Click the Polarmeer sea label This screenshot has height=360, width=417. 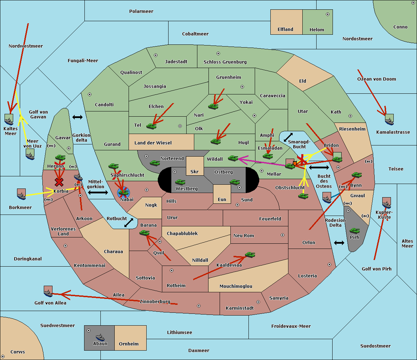pyautogui.click(x=141, y=11)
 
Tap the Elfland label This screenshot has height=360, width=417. pyautogui.click(x=285, y=30)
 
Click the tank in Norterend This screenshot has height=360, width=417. pyautogui.click(x=155, y=162)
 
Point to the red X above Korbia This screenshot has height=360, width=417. pyautogui.click(x=59, y=182)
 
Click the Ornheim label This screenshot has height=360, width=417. pyautogui.click(x=129, y=344)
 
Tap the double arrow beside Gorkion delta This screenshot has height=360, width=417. pyautogui.click(x=77, y=117)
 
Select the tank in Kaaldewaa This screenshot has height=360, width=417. pyautogui.click(x=250, y=255)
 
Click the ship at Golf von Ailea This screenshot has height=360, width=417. pyautogui.click(x=48, y=292)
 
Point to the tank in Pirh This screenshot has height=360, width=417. pyautogui.click(x=354, y=231)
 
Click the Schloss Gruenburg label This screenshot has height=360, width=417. pyautogui.click(x=225, y=62)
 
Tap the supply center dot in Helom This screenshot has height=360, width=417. pyautogui.click(x=327, y=14)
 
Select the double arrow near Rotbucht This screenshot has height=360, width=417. pyautogui.click(x=129, y=223)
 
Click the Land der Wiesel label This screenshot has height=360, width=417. pyautogui.click(x=153, y=143)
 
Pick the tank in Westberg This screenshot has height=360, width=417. pyautogui.click(x=180, y=182)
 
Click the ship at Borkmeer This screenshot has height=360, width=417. pyautogui.click(x=21, y=194)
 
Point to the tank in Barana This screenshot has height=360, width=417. pyautogui.click(x=144, y=233)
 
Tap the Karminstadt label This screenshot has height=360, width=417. pyautogui.click(x=240, y=308)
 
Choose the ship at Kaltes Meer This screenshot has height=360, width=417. pyautogui.click(x=9, y=119)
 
